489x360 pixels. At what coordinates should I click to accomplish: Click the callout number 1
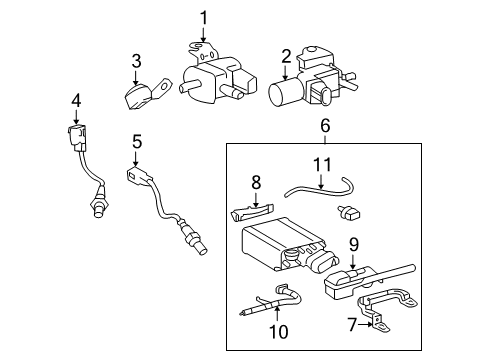pos(203,18)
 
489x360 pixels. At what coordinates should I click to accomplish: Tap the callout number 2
pos(286,57)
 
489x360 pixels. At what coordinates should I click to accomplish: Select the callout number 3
pos(136,61)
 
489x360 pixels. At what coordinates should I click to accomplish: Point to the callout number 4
pos(76,101)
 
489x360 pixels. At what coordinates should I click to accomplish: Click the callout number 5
pos(137,141)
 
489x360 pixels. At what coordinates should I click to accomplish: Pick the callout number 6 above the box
pos(325,126)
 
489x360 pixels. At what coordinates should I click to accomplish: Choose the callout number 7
pos(352,324)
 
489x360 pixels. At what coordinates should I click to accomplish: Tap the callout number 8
pos(256,183)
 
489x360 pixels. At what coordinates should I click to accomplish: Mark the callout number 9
pos(354,244)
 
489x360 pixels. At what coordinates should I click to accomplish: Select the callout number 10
pos(278,331)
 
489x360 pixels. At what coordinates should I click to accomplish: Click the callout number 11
pos(322,165)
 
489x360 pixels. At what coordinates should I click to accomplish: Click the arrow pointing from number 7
pos(365,324)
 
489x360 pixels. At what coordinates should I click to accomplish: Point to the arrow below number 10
pos(277,313)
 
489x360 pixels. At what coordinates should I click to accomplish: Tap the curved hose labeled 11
pos(319,189)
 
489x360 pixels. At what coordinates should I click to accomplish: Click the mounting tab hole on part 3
pos(164,87)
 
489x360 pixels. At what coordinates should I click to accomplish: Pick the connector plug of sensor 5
pos(138,175)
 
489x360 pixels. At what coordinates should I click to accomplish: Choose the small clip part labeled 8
pos(252,212)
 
